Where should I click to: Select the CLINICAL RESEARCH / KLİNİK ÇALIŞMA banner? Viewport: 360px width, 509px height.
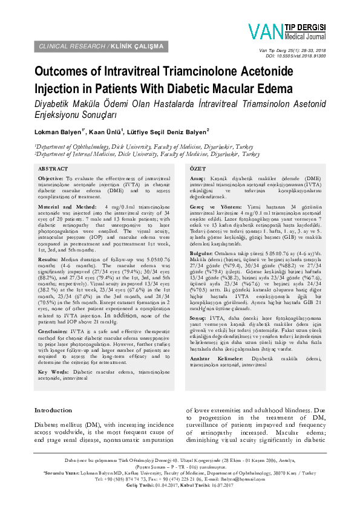[x=101, y=46]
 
